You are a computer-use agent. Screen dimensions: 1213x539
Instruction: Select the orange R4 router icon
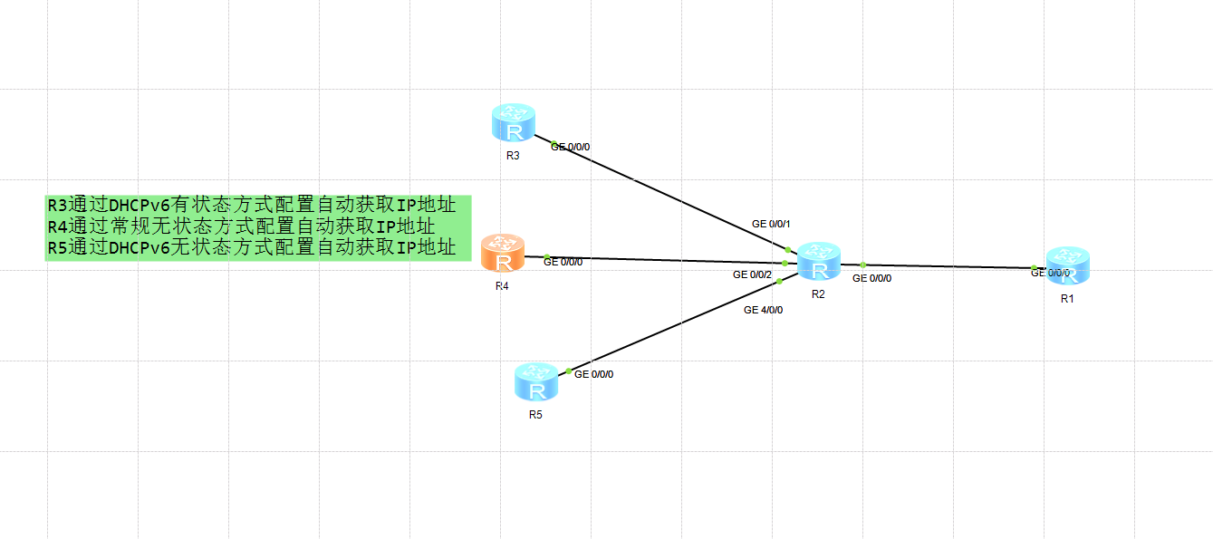click(x=503, y=253)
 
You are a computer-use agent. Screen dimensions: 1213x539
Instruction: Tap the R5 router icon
click(x=536, y=382)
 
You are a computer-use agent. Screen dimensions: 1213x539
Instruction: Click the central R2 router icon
click(x=819, y=262)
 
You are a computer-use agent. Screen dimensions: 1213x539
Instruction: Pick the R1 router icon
click(x=1067, y=265)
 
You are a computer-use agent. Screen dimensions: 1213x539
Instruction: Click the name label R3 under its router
click(x=513, y=156)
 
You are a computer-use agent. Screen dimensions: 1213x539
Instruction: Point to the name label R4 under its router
click(x=502, y=286)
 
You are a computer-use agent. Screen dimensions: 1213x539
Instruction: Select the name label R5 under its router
click(x=535, y=415)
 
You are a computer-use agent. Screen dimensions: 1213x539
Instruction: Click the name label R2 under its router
click(x=818, y=294)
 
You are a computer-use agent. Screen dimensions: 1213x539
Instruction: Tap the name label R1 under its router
click(x=1067, y=299)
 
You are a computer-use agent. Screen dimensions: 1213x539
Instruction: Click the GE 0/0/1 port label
click(x=771, y=224)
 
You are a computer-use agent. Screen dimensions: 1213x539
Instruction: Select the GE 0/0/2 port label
click(x=752, y=274)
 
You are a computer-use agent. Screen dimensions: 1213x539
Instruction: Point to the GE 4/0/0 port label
click(x=763, y=310)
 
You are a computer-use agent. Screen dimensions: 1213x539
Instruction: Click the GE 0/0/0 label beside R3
click(x=571, y=147)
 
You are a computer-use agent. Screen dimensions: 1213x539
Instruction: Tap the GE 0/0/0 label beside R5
click(x=594, y=374)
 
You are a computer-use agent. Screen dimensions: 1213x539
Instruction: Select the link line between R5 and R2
click(x=675, y=326)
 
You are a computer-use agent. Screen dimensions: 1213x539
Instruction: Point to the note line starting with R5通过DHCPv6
click(x=252, y=247)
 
